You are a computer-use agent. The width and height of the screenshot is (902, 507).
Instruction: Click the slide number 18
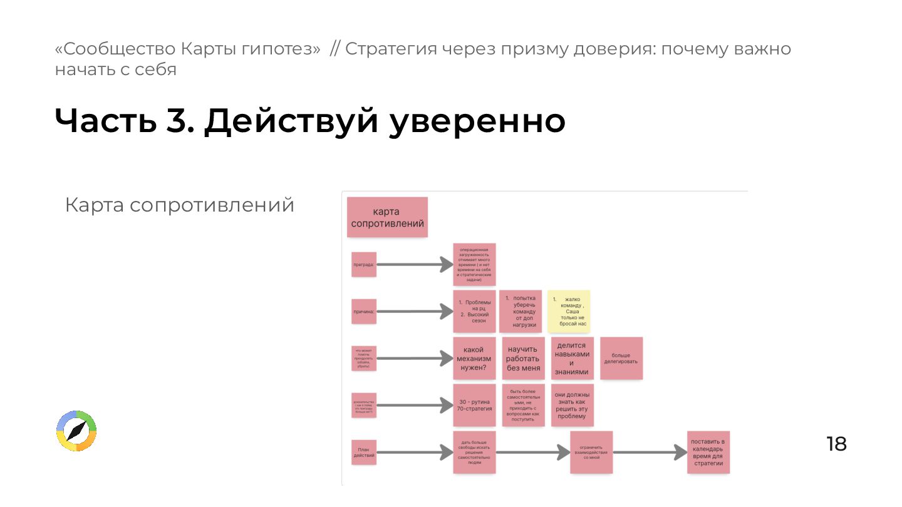click(836, 444)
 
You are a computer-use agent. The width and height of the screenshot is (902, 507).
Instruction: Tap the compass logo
click(76, 431)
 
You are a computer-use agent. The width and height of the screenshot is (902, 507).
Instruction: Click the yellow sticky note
click(569, 311)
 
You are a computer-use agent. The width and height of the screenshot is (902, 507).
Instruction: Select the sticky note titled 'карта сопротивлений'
click(387, 217)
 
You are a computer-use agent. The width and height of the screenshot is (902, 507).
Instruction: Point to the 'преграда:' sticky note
click(363, 264)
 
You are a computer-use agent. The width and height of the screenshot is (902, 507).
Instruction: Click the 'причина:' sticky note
click(363, 311)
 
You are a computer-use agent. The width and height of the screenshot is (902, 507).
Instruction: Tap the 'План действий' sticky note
click(363, 452)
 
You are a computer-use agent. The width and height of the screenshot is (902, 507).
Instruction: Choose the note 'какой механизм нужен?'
click(474, 358)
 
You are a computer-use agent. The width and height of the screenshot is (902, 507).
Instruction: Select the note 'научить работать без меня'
click(523, 358)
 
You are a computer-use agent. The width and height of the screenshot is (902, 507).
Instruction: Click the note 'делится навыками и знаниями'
click(572, 358)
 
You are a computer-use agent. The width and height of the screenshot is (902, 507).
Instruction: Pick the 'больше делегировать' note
click(621, 358)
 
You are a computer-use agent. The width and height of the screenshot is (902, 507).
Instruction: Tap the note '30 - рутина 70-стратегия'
click(474, 405)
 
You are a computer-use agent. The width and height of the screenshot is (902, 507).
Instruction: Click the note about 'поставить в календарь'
click(708, 452)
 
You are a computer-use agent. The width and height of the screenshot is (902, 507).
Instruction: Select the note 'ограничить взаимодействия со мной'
click(591, 452)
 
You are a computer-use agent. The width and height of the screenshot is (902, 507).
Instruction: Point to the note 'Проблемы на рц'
click(474, 311)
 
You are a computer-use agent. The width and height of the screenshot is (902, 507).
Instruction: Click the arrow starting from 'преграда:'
click(414, 265)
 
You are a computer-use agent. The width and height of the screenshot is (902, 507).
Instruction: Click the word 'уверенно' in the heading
click(477, 121)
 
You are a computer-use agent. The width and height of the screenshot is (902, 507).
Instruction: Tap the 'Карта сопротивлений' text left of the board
click(180, 205)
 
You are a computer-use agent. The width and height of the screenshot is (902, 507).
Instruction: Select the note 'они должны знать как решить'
click(572, 405)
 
